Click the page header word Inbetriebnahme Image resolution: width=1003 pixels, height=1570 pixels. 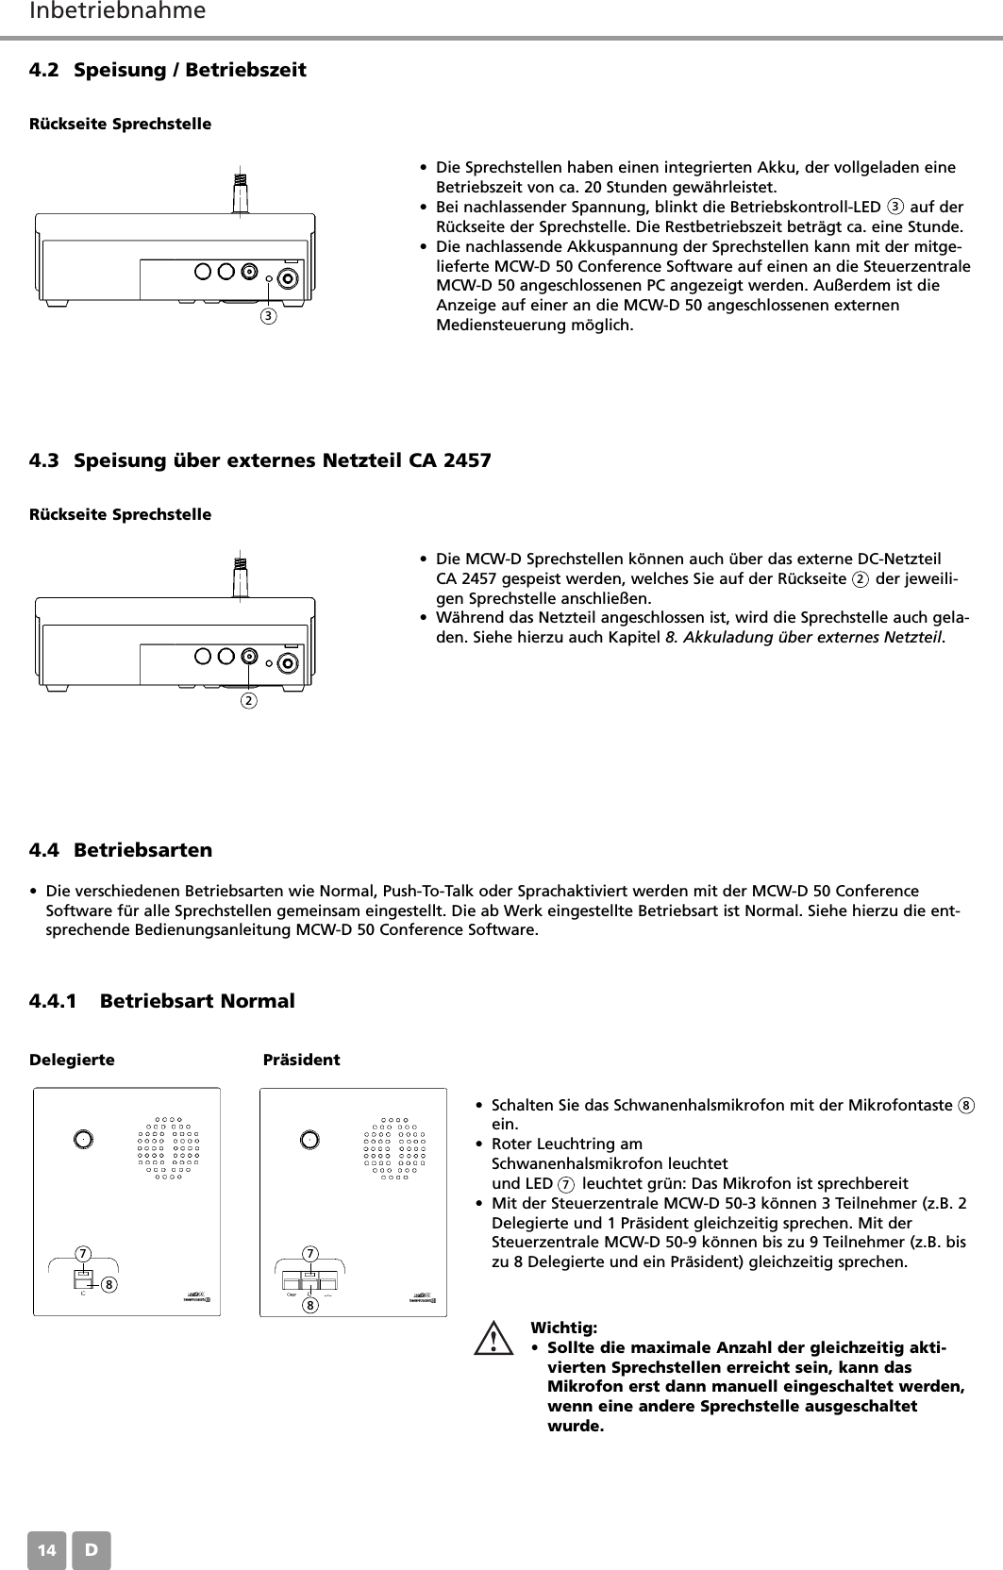[118, 12]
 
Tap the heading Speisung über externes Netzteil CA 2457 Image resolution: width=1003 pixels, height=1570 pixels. [282, 461]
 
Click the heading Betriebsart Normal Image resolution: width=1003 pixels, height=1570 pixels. [197, 1000]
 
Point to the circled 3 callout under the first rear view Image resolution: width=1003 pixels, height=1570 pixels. [269, 315]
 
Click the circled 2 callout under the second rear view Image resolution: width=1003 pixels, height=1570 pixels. [248, 701]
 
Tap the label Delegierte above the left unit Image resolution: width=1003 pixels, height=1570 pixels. [73, 1060]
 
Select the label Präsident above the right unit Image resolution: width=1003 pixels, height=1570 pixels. [301, 1060]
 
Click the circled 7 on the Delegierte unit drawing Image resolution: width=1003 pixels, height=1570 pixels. [84, 1254]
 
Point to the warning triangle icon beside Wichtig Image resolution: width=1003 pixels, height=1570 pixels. [493, 1340]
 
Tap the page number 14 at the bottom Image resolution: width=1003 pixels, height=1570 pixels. [46, 1550]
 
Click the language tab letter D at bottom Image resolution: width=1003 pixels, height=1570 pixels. [92, 1550]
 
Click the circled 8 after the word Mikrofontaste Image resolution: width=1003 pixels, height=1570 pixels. [966, 1105]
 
